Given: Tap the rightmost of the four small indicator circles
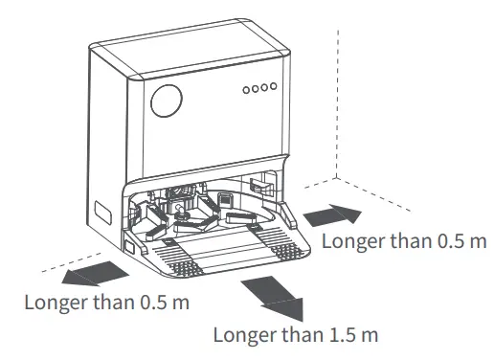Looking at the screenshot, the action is tap(275, 87).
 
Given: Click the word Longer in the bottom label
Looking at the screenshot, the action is tap(243, 336).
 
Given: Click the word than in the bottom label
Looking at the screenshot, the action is tap(302, 336).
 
